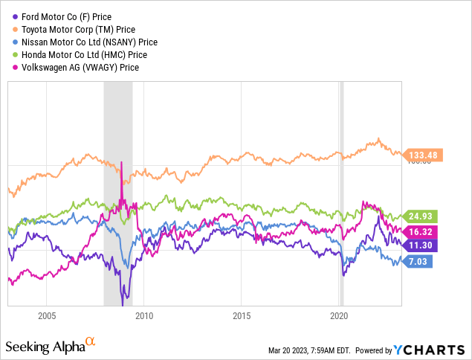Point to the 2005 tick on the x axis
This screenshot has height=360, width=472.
pos(47,315)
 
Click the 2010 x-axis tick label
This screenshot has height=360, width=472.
pos(144,315)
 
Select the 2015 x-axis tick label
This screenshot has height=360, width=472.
pos(242,315)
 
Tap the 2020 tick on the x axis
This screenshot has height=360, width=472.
pos(339,315)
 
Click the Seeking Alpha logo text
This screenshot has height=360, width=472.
pos(46,347)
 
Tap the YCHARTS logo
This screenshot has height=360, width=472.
pos(430,349)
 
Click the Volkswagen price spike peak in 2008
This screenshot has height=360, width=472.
pos(121,161)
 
